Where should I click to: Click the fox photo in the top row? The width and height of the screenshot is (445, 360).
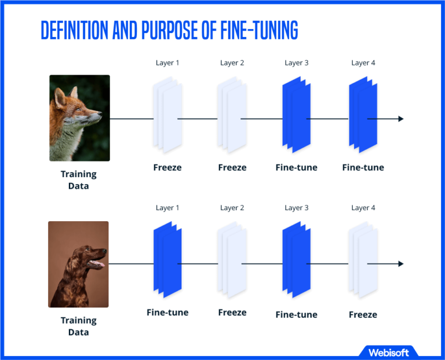79,117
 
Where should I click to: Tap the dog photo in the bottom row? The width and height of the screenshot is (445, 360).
78,264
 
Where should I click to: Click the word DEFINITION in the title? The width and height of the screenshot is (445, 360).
75,31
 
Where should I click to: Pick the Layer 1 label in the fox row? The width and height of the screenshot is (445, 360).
167,63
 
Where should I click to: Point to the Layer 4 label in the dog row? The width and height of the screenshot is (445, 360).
363,208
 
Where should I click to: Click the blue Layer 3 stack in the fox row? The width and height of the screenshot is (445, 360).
296,117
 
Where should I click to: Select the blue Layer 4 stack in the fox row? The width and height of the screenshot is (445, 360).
363,117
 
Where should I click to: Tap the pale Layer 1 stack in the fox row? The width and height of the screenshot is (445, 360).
167,117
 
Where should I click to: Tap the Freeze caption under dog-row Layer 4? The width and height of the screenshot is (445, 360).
363,315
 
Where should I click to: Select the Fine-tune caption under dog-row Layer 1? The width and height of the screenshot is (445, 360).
167,313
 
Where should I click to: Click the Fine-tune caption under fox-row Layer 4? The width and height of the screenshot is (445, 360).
363,168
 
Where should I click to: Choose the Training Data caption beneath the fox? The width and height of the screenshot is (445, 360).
79,179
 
